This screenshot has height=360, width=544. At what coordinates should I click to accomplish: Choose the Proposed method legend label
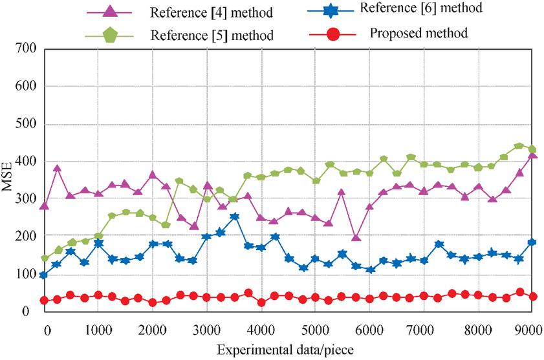coord(419,32)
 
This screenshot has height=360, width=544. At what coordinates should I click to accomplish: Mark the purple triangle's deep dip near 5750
coord(356,238)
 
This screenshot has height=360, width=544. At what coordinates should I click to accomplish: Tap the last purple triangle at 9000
coord(532,154)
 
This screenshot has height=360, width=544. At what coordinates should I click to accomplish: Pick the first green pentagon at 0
coord(45,259)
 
